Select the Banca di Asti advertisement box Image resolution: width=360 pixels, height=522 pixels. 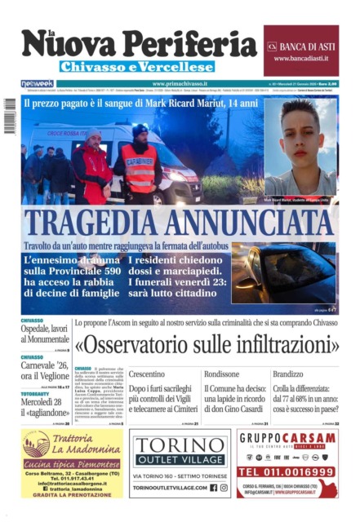pos(300,51)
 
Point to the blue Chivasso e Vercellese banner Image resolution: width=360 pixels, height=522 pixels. pos(137,67)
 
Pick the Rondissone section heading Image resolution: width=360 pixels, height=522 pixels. pos(222,374)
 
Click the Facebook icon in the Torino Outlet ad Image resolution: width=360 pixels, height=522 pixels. pos(214,488)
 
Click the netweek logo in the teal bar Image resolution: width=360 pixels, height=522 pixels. pos(38,84)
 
